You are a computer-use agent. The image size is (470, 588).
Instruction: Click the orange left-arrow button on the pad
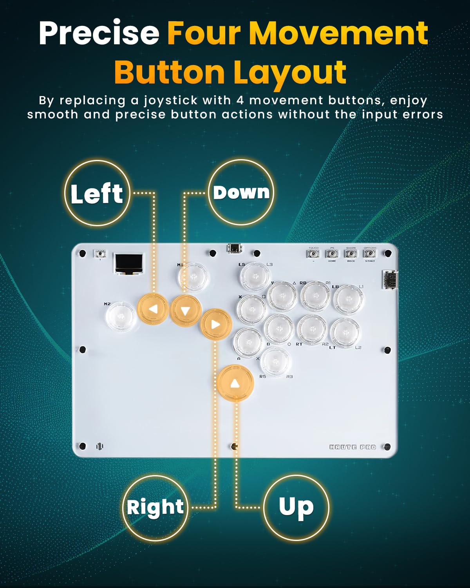[153, 309]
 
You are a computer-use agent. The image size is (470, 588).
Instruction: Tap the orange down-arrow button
[186, 310]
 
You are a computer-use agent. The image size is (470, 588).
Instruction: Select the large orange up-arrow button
[235, 383]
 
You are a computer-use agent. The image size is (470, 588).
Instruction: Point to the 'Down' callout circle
[241, 192]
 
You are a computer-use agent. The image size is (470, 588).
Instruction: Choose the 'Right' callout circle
[155, 507]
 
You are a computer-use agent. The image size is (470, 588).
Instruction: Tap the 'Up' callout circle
[296, 507]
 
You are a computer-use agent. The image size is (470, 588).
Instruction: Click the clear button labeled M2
[121, 317]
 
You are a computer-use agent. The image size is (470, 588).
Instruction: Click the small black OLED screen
[128, 263]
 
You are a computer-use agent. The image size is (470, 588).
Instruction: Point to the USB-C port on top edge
[235, 249]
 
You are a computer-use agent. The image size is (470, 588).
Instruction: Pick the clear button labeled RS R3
[275, 361]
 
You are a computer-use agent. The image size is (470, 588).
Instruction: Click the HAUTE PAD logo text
[352, 447]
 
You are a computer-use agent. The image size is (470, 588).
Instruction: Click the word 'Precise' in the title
[99, 34]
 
